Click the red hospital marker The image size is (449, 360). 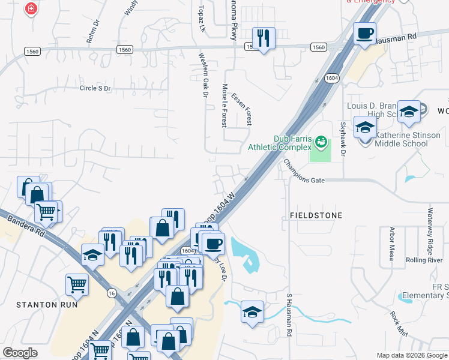(x=31, y=9)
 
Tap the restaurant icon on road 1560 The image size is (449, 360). (x=264, y=38)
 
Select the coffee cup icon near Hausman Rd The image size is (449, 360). (x=364, y=34)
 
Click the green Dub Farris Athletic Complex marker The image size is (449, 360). (x=321, y=143)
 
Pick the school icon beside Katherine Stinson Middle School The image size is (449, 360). (x=364, y=128)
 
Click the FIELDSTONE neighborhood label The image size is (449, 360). (x=316, y=215)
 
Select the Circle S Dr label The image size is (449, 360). (x=95, y=88)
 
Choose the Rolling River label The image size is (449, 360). (x=424, y=260)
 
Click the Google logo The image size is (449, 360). (x=20, y=353)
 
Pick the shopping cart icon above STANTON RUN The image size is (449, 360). (x=77, y=286)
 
